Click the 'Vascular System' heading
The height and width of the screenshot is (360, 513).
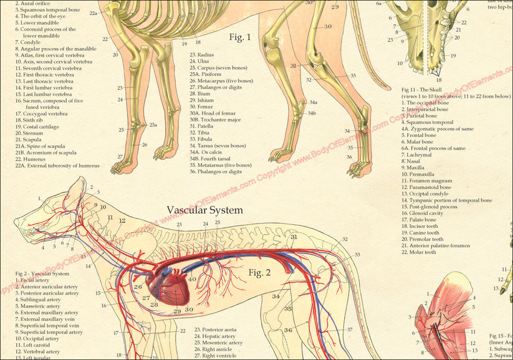pyautogui.click(x=204, y=211)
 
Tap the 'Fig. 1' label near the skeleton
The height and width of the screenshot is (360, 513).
pyautogui.click(x=240, y=38)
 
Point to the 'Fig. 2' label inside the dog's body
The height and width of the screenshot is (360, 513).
pyautogui.click(x=260, y=272)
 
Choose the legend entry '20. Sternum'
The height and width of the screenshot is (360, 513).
pyautogui.click(x=29, y=133)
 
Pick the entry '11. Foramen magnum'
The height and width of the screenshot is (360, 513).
pyautogui.click(x=426, y=181)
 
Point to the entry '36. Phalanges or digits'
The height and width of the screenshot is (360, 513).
pyautogui.click(x=220, y=172)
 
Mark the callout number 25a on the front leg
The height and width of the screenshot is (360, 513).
pyautogui.click(x=153, y=125)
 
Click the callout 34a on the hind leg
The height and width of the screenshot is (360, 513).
pyautogui.click(x=313, y=102)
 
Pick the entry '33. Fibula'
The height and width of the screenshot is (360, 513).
pyautogui.click(x=205, y=139)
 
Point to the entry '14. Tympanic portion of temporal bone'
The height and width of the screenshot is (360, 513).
pyautogui.click(x=446, y=201)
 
